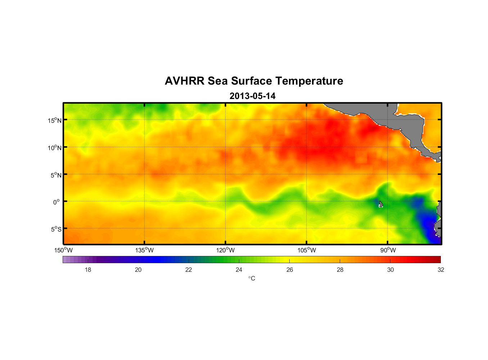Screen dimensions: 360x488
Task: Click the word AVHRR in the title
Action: pos(185,81)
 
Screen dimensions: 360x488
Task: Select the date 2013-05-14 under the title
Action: pos(252,96)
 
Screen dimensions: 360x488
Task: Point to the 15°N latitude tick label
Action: pos(55,120)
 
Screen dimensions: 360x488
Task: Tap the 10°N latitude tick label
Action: pos(55,148)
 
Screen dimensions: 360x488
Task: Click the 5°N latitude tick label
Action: pos(56,175)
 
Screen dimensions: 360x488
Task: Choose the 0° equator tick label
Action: pos(56,202)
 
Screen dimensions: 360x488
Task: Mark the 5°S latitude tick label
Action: pos(56,229)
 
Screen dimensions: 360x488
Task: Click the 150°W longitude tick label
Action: pos(63,250)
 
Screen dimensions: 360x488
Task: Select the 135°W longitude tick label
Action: pos(144,250)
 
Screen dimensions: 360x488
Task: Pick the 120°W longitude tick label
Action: pos(225,250)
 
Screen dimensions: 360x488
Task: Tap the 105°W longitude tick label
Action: pos(307,250)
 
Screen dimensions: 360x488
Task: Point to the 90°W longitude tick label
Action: pos(388,250)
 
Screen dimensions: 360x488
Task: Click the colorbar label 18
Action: pos(88,270)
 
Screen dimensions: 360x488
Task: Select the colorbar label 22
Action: pos(189,270)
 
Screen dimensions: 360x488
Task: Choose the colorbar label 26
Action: pos(290,270)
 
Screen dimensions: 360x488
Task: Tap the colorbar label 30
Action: pos(390,270)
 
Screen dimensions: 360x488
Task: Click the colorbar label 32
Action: pos(441,270)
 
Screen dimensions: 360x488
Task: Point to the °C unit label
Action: pos(252,278)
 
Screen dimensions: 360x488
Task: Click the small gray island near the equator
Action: pos(381,204)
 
